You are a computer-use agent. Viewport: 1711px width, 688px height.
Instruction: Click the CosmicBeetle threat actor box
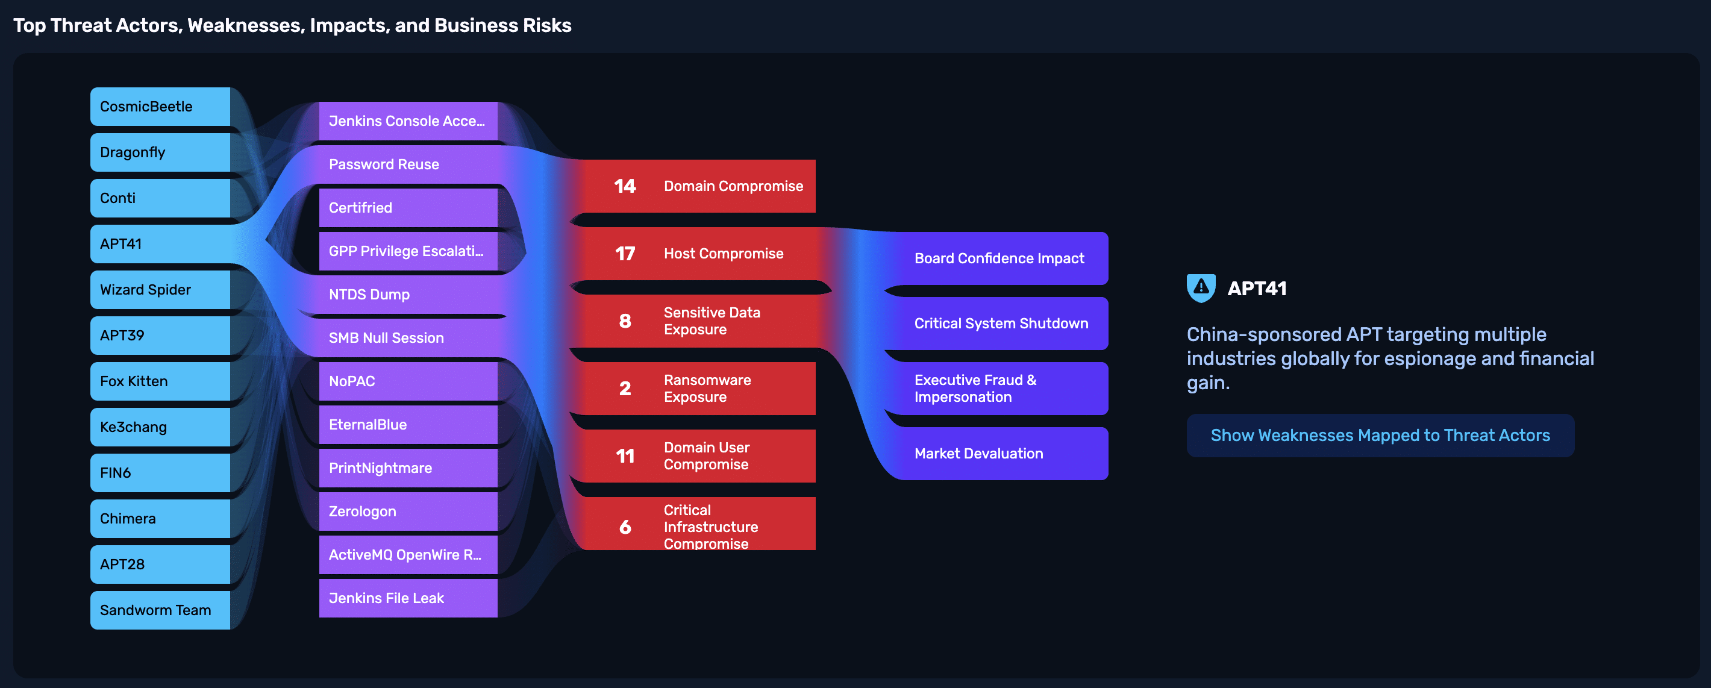(x=160, y=106)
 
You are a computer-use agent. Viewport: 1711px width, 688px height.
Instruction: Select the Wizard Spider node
(x=160, y=290)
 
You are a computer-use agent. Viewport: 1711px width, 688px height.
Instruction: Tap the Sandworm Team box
(x=160, y=610)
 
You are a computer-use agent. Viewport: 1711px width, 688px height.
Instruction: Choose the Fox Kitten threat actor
(x=160, y=381)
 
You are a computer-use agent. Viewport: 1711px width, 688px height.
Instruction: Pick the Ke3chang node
(x=160, y=427)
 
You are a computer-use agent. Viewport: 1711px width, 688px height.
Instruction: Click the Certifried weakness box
(x=408, y=208)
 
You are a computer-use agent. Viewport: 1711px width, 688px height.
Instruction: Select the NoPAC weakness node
(x=408, y=381)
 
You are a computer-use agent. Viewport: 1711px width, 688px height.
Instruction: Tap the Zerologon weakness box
(x=408, y=511)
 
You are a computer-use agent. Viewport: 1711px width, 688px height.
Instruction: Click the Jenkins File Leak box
(x=408, y=598)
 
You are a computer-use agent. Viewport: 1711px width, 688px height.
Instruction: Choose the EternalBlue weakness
(x=408, y=424)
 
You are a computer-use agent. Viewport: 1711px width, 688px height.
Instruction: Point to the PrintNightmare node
(x=408, y=468)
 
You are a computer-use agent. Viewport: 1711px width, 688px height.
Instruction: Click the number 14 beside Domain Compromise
(x=625, y=186)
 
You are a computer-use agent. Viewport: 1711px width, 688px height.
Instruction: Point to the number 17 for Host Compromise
(x=625, y=254)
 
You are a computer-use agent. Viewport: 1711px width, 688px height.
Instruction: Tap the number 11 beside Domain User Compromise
(x=625, y=456)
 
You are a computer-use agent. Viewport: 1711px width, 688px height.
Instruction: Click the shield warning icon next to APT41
(x=1201, y=288)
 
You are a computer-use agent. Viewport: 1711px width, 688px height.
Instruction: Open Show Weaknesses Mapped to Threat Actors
(x=1380, y=435)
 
